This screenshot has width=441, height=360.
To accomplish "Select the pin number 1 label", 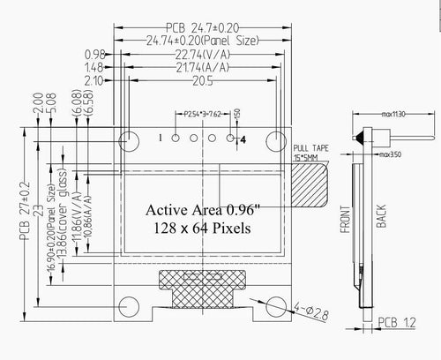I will (x=161, y=138).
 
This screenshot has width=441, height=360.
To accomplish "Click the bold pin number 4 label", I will (x=243, y=139).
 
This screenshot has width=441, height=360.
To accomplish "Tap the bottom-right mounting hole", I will (x=277, y=305).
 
